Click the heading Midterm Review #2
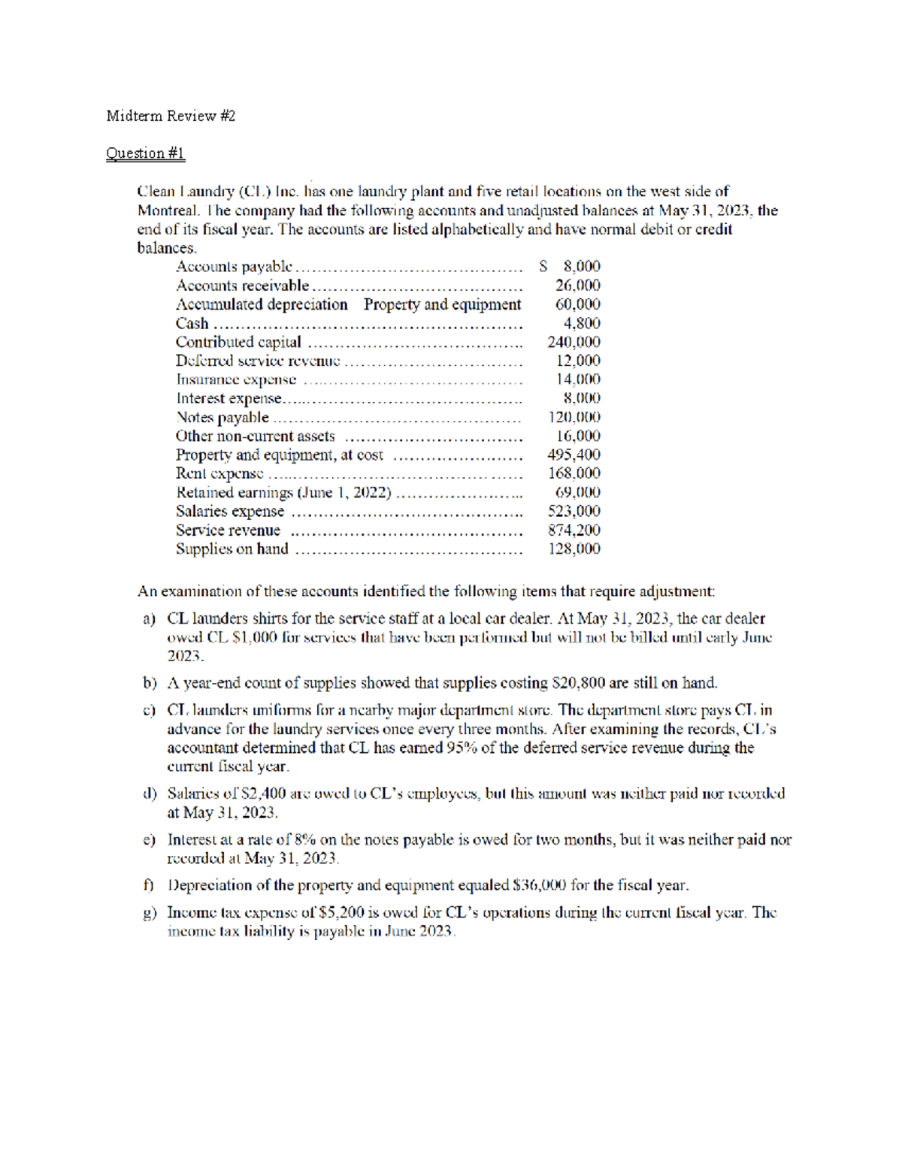[x=171, y=116]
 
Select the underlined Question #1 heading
[x=145, y=153]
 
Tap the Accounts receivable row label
[x=242, y=286]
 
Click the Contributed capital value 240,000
[x=574, y=342]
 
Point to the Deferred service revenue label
[x=257, y=361]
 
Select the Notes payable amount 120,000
[x=574, y=417]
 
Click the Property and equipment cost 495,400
[x=574, y=455]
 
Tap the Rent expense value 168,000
[x=574, y=473]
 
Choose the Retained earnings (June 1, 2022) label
[x=283, y=492]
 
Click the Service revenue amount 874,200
[x=574, y=530]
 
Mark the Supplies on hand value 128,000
[x=574, y=549]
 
